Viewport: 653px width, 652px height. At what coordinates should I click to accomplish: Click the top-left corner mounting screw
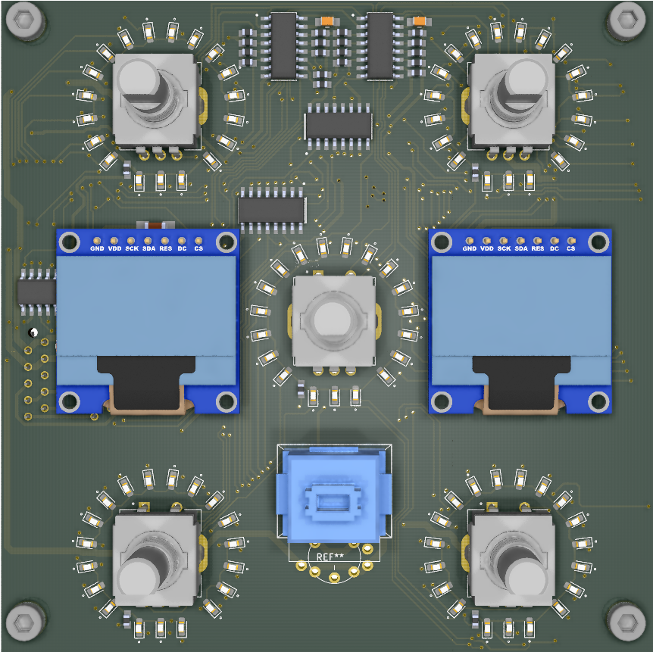click(24, 20)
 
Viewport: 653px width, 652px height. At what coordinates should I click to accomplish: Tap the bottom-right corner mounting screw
click(626, 622)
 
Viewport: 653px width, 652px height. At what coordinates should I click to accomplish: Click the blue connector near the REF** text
click(334, 494)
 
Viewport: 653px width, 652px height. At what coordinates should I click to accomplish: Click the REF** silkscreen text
click(330, 557)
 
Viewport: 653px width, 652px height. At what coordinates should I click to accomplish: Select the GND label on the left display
click(97, 248)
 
